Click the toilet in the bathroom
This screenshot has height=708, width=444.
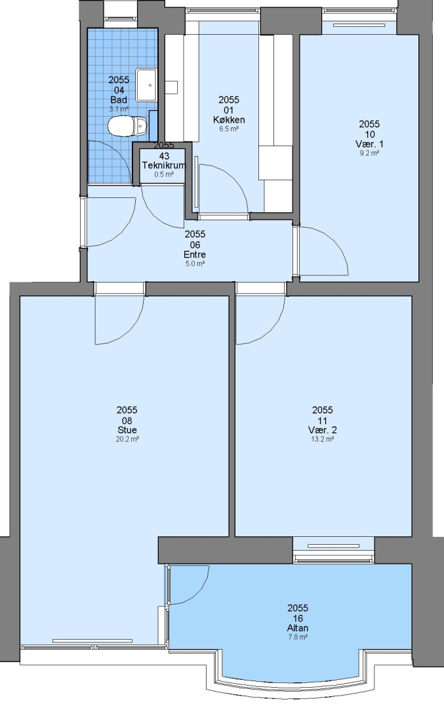(128, 125)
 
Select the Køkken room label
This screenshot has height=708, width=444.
(229, 120)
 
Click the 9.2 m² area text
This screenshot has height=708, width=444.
(369, 153)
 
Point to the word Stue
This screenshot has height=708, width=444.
(127, 430)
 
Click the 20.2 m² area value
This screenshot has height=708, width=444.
(127, 439)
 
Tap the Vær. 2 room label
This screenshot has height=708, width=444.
(323, 430)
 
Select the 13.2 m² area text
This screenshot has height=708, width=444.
(323, 439)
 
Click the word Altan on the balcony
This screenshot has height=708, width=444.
(298, 628)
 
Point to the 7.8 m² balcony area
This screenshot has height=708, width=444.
(298, 637)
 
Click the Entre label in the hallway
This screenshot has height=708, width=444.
(195, 254)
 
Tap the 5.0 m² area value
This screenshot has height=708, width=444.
(195, 264)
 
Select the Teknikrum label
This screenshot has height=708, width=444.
(164, 165)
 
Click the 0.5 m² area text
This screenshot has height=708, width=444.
(164, 174)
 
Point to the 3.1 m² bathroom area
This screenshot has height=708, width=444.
(119, 109)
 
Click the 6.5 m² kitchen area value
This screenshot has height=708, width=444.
(229, 128)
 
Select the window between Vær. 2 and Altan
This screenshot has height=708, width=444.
(334, 549)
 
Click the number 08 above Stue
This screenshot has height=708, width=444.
(127, 420)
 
